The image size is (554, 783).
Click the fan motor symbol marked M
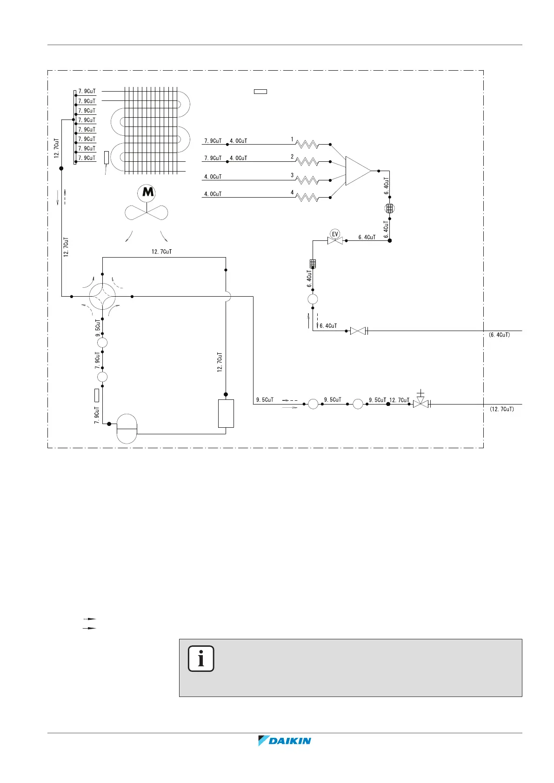pos(147,192)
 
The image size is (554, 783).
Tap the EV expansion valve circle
pos(334,233)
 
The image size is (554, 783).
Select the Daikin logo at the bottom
pos(284,741)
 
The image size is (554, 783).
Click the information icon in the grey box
pos(201,659)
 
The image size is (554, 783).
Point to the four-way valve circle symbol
pos(102,296)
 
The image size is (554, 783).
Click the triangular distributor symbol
pos(358,171)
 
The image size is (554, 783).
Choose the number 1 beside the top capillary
pos(292,139)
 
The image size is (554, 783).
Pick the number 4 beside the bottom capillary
pos(292,192)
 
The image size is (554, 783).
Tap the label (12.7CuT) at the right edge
pos(501,409)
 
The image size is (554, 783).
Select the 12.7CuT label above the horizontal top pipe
pos(161,252)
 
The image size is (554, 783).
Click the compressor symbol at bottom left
pos(127,428)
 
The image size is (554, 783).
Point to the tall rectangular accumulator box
pos(226,413)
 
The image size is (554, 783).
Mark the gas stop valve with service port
pos(421,403)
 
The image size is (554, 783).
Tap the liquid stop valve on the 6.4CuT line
pos(358,331)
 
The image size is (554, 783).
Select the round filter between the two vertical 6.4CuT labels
pos(390,208)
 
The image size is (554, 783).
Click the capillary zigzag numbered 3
pos(307,180)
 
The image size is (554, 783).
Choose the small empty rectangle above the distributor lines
pos(260,91)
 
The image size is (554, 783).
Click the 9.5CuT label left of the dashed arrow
pos(265,400)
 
